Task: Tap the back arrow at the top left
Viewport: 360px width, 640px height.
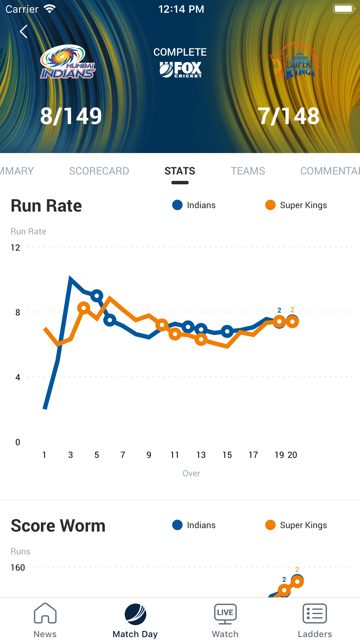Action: click(x=24, y=31)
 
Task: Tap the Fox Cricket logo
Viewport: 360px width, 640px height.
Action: click(x=180, y=70)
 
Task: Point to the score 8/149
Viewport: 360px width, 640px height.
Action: click(x=71, y=116)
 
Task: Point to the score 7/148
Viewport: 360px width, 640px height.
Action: click(x=289, y=116)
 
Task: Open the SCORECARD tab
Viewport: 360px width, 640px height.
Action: click(x=99, y=171)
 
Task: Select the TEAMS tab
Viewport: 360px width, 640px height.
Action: click(x=248, y=171)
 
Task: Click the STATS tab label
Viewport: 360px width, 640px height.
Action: click(x=180, y=171)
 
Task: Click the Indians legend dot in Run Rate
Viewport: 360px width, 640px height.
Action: click(x=177, y=205)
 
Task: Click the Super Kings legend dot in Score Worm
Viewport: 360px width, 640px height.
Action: click(x=270, y=525)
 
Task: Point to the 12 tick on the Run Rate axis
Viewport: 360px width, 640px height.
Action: click(x=15, y=248)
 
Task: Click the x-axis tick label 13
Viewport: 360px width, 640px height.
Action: click(x=201, y=455)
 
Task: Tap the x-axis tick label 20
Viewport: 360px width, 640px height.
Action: click(x=292, y=455)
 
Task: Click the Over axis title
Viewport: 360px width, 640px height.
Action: click(x=191, y=473)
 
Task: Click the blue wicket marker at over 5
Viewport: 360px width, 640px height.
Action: click(x=97, y=296)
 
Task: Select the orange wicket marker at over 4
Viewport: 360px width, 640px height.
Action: click(x=84, y=308)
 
